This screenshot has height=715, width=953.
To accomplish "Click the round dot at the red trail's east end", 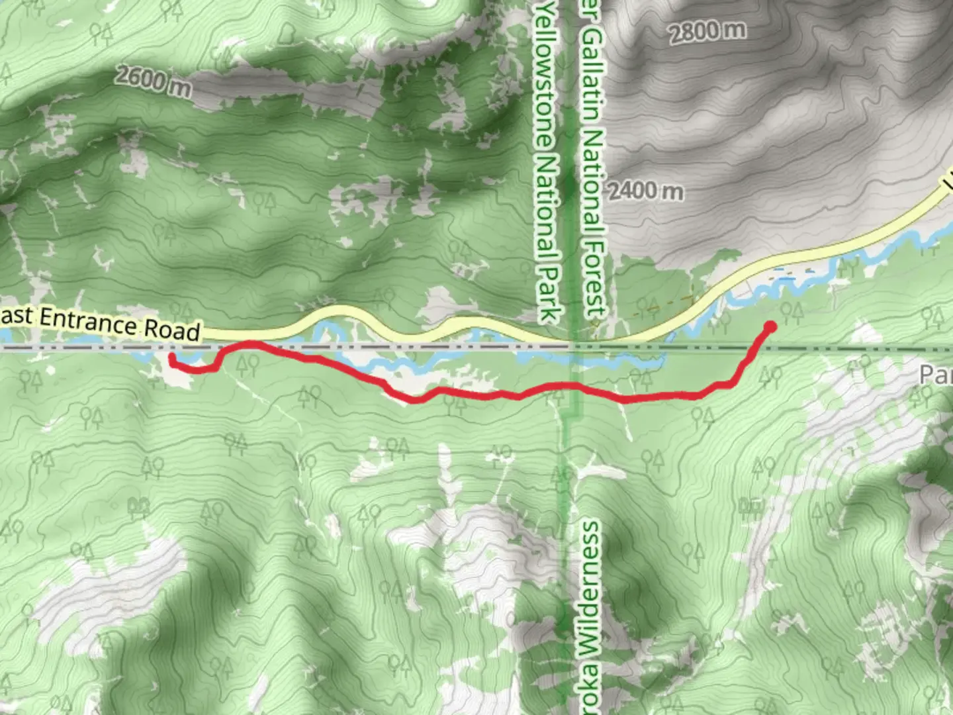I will (770, 326).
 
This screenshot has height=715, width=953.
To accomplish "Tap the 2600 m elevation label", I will (153, 80).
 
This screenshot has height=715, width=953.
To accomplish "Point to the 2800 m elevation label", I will (707, 31).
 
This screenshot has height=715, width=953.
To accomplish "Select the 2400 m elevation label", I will (645, 191).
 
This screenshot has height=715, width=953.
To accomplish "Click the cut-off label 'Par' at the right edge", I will (936, 375).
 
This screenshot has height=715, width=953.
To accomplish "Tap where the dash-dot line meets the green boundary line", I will (573, 346).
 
